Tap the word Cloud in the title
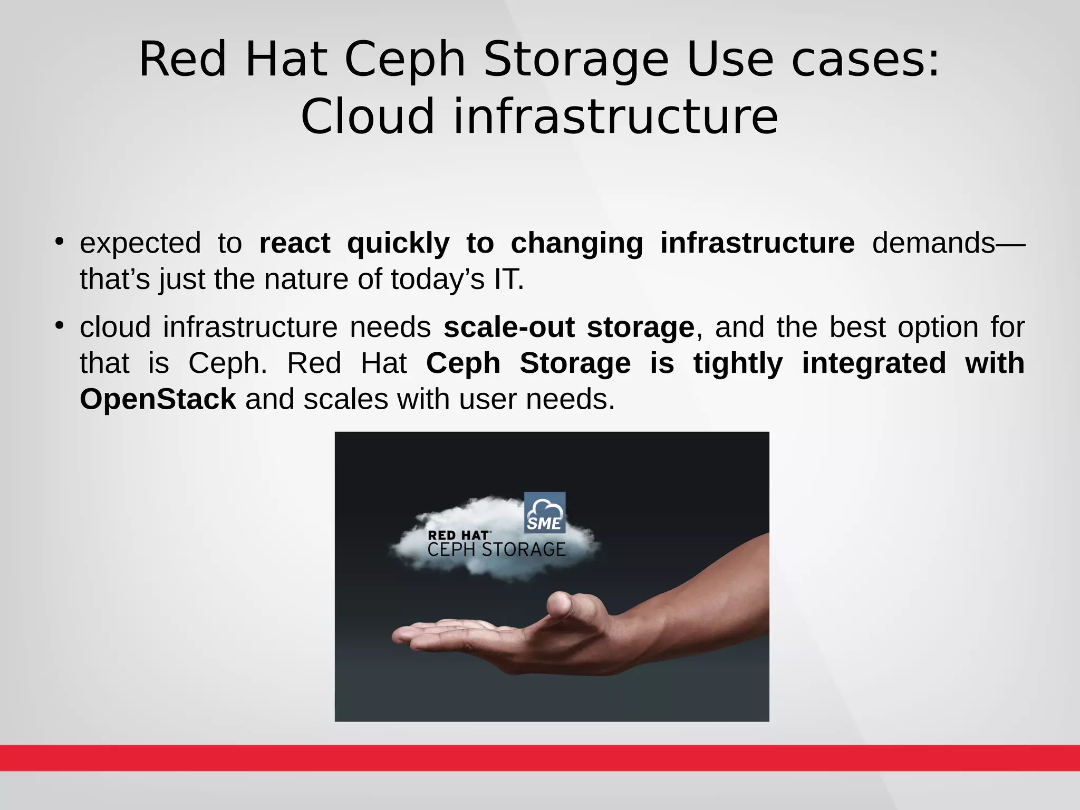(x=368, y=117)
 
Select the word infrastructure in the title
(x=615, y=117)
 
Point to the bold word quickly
(x=398, y=244)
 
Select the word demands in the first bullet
(x=933, y=244)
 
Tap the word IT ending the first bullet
(x=508, y=279)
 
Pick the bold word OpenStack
(x=158, y=399)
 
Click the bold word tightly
(x=738, y=363)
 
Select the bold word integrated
(x=874, y=363)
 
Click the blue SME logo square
(x=545, y=513)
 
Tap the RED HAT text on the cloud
(x=458, y=536)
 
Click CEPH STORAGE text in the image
(x=496, y=550)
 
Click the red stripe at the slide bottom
(x=540, y=758)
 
